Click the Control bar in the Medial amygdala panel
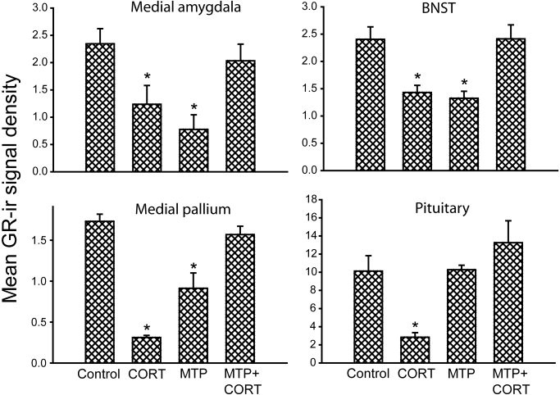coord(101,107)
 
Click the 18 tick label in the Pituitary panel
coord(321,199)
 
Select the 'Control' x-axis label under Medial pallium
coord(101,375)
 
